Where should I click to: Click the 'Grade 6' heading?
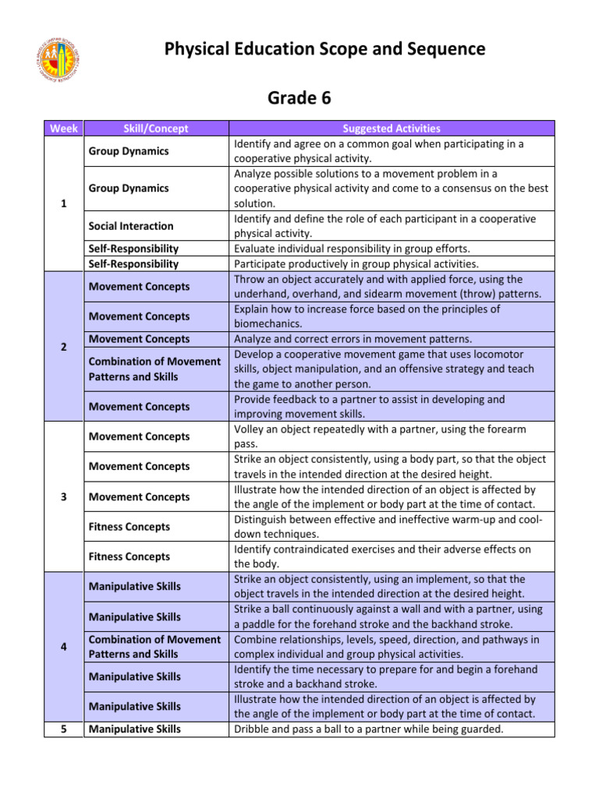(299, 97)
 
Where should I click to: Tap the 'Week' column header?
(62, 128)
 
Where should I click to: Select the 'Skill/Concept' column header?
(156, 128)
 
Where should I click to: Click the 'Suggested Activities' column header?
(392, 128)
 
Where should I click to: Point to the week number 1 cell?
(62, 203)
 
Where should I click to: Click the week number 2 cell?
(62, 347)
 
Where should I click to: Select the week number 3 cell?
(62, 496)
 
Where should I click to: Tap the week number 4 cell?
(62, 647)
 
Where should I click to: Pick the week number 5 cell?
(62, 729)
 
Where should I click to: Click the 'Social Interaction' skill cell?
(130, 226)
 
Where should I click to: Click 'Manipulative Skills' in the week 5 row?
(134, 729)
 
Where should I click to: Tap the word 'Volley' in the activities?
(250, 429)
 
